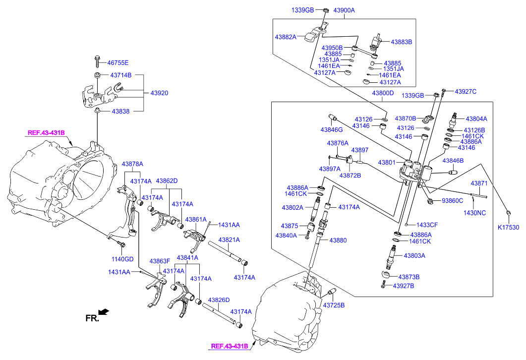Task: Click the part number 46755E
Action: (x=118, y=63)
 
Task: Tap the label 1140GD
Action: (x=122, y=259)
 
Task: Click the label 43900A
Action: (x=344, y=10)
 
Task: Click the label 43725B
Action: (x=334, y=304)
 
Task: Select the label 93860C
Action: (x=452, y=201)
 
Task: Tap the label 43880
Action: (x=337, y=240)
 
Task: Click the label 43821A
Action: (x=230, y=240)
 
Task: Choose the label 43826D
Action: (x=219, y=300)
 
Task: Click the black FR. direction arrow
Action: (x=103, y=312)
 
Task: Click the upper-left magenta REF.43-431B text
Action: (x=46, y=133)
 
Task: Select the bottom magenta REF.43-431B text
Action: (x=230, y=347)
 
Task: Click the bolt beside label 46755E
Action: (x=97, y=62)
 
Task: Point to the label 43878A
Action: (x=133, y=164)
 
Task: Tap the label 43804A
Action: (x=476, y=119)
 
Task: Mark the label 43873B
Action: (x=409, y=277)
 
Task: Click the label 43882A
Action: (x=287, y=37)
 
